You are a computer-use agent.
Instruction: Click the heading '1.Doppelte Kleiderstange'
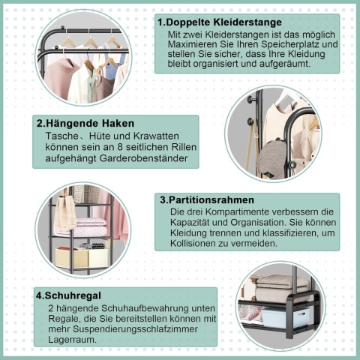pyautogui.click(x=219, y=22)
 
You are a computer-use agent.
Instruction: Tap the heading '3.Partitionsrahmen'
pyautogui.click(x=206, y=200)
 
